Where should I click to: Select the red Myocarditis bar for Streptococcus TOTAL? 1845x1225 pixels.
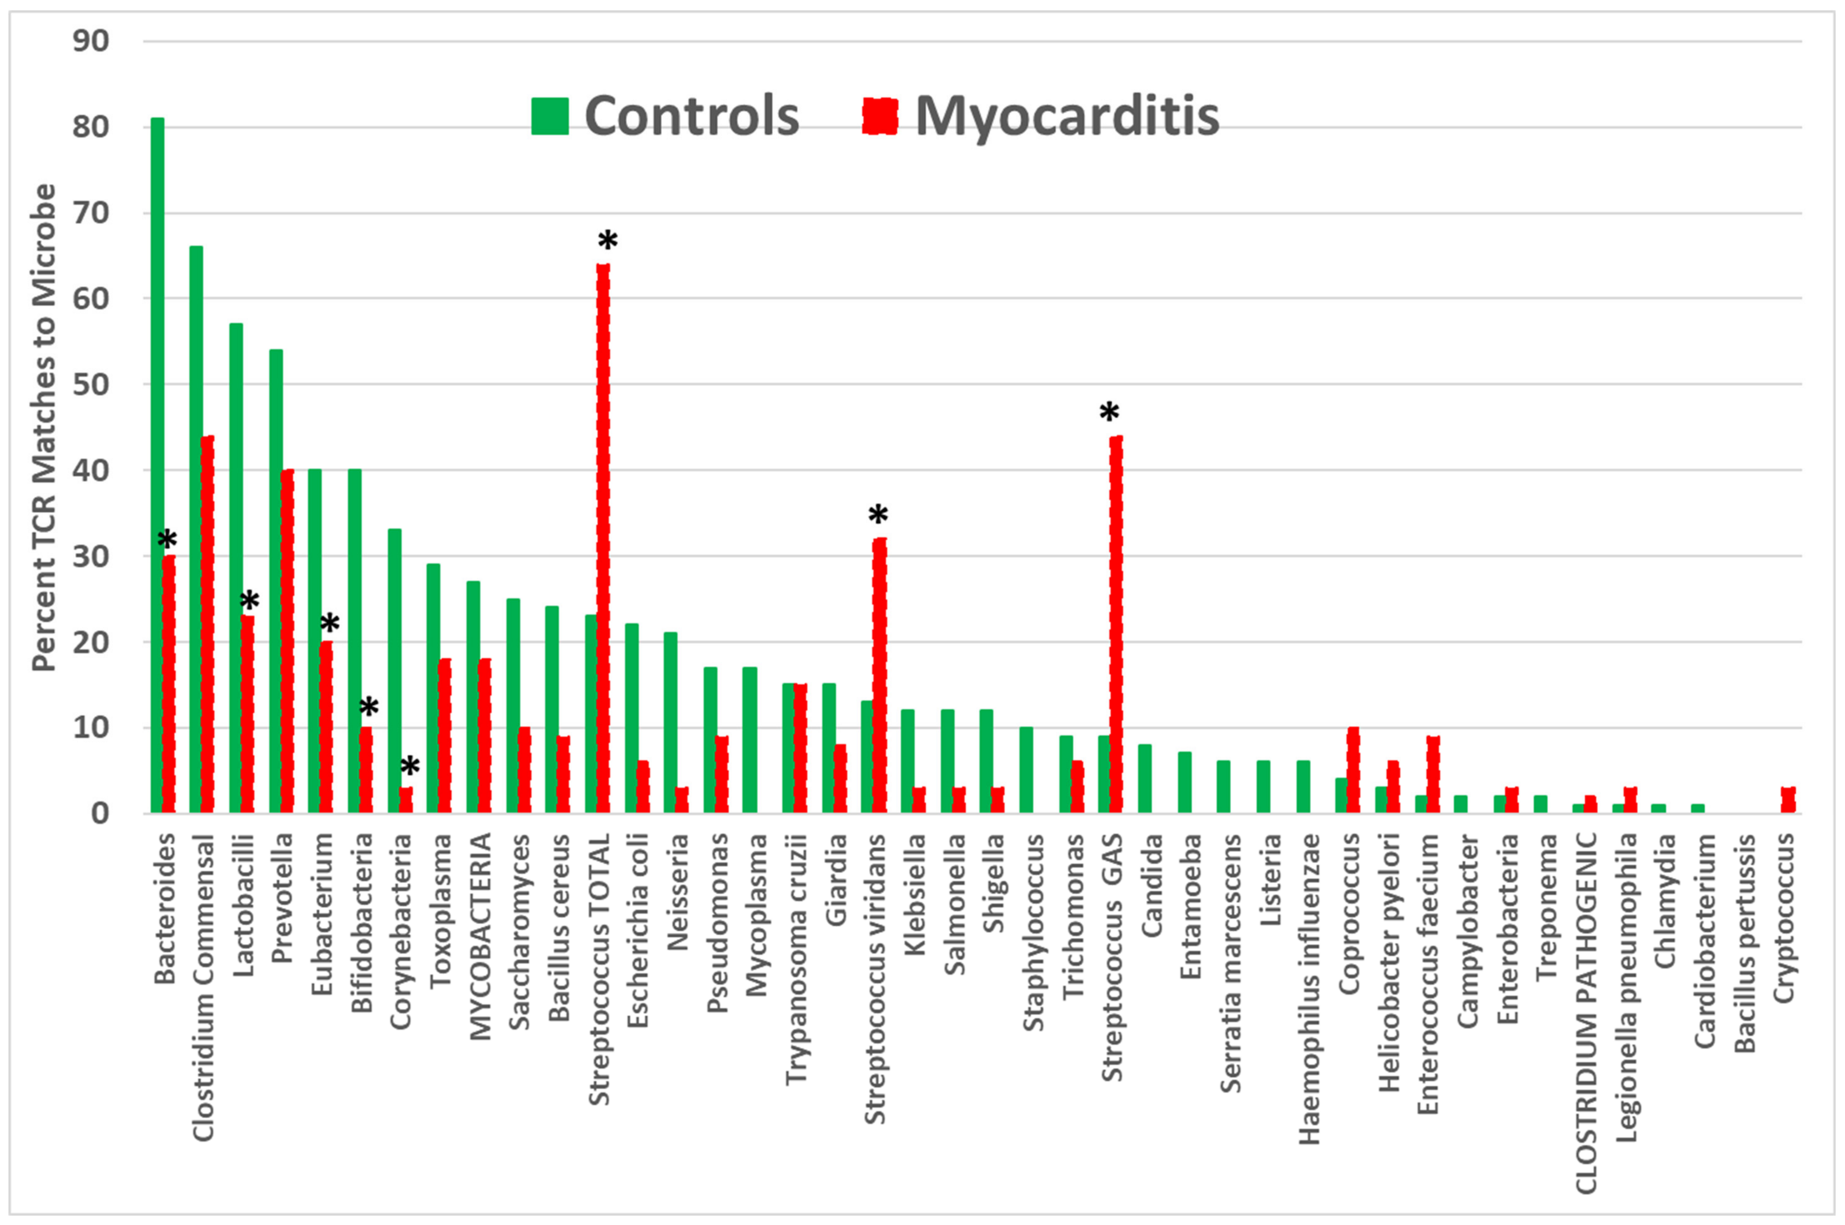603,539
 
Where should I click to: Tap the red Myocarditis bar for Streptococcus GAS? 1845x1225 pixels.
1116,625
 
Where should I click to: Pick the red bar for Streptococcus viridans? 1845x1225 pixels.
879,676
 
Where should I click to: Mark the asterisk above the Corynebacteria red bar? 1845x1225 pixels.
409,767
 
